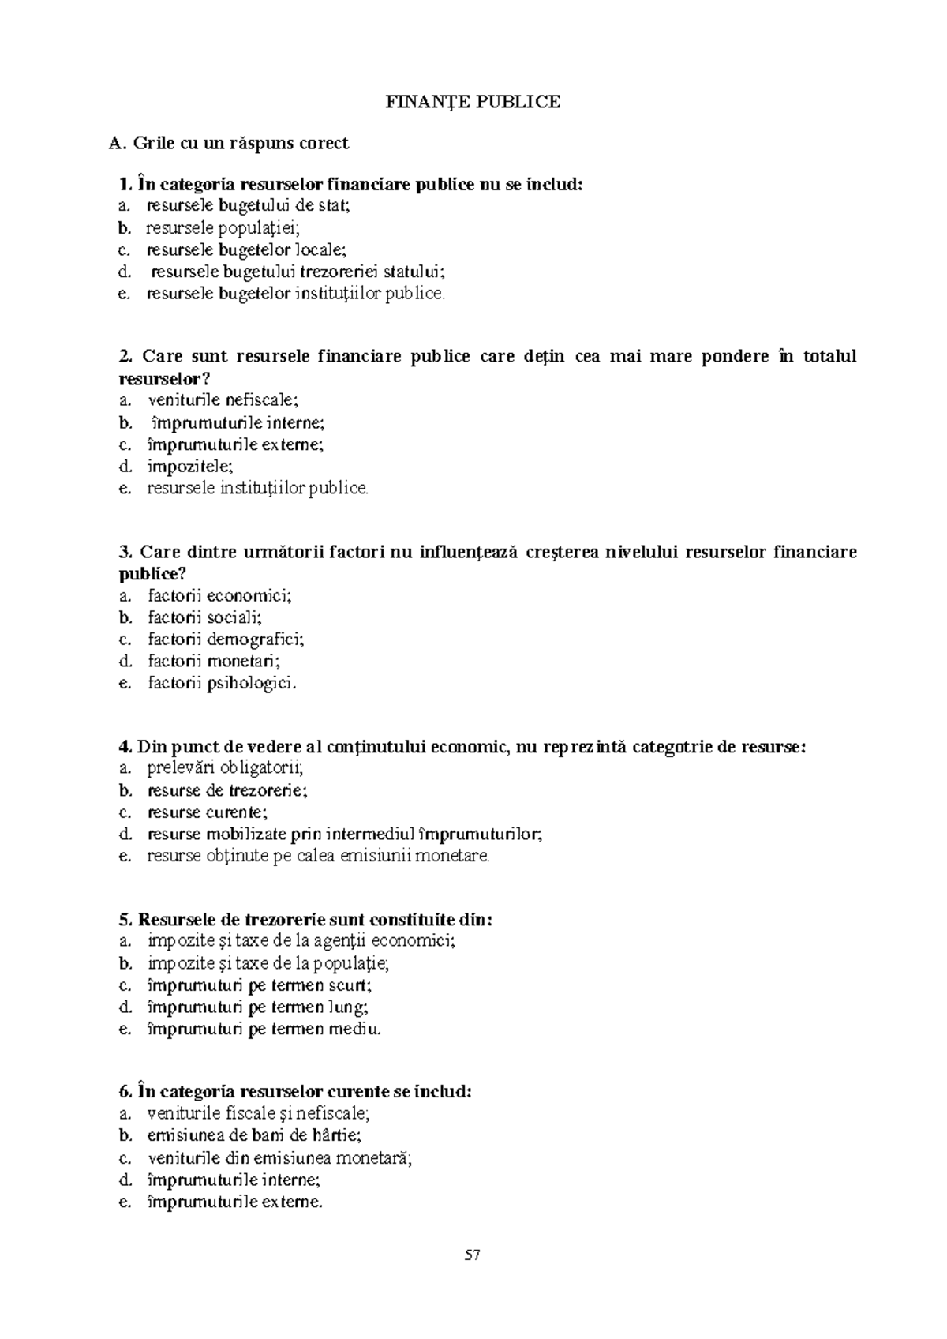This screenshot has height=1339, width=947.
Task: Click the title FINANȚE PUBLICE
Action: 473,102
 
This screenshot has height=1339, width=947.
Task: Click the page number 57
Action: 473,1255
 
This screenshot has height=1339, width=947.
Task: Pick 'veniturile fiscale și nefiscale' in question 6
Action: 258,1114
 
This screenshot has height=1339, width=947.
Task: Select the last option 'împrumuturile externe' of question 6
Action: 235,1202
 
